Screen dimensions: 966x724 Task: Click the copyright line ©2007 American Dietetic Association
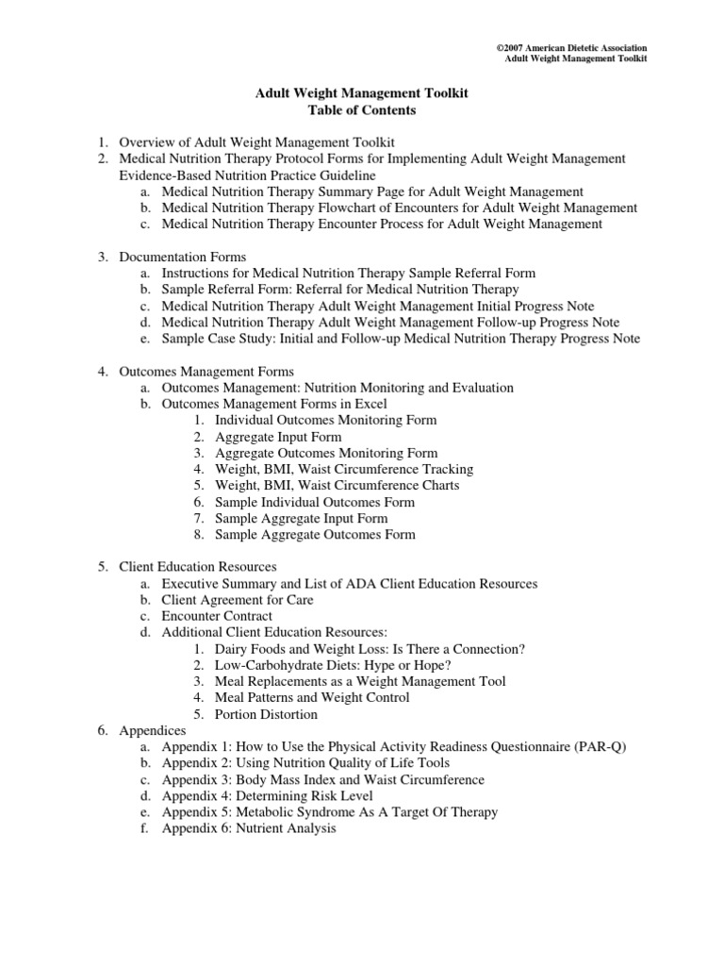pyautogui.click(x=571, y=47)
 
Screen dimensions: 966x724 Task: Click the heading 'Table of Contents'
pyautogui.click(x=363, y=110)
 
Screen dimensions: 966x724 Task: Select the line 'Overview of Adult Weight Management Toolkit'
pyautogui.click(x=250, y=142)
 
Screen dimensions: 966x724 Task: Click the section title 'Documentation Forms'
pyautogui.click(x=182, y=257)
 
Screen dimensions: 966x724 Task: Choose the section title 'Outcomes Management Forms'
pyautogui.click(x=206, y=371)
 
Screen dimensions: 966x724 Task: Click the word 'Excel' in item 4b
pyautogui.click(x=370, y=404)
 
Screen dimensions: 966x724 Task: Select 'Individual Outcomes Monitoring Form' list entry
pyautogui.click(x=325, y=420)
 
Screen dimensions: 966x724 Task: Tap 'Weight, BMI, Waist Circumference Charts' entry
pyautogui.click(x=337, y=485)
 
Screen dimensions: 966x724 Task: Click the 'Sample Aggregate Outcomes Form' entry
pyautogui.click(x=315, y=534)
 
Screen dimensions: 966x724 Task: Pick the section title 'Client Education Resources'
pyautogui.click(x=198, y=567)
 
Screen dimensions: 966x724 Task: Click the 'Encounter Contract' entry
pyautogui.click(x=217, y=616)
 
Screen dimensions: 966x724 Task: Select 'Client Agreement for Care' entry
pyautogui.click(x=238, y=600)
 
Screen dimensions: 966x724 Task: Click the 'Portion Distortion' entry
pyautogui.click(x=266, y=714)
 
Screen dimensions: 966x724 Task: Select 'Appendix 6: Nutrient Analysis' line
pyautogui.click(x=249, y=828)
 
